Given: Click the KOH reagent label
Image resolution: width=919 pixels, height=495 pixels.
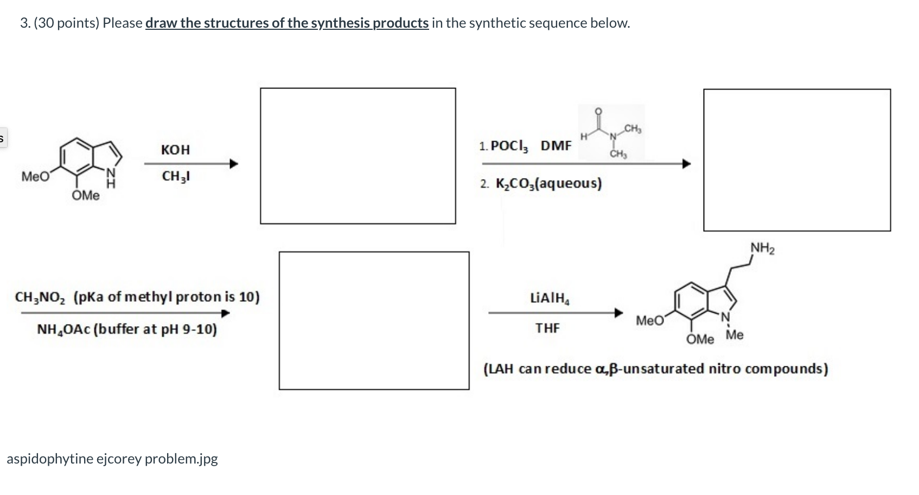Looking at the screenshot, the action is tap(175, 150).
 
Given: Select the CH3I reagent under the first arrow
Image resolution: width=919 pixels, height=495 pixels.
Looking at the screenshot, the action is tap(176, 176).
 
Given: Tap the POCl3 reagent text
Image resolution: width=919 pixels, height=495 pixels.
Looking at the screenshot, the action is tap(509, 146).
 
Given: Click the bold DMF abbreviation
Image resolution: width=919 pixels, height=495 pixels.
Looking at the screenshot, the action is tap(556, 145).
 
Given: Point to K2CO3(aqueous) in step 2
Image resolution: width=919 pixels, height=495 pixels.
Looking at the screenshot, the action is tap(548, 183).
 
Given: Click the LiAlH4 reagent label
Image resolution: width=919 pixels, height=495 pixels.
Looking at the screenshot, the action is tap(550, 298).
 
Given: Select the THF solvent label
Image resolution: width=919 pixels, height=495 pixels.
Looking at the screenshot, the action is tap(547, 328).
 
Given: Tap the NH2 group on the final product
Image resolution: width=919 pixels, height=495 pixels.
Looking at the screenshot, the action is tap(762, 249).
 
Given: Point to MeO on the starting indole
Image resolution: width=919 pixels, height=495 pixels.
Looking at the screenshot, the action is tap(36, 176).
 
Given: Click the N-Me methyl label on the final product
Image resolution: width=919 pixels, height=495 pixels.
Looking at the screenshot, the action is tap(735, 335).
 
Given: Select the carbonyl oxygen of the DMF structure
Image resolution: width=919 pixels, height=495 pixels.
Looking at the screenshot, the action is tap(598, 111).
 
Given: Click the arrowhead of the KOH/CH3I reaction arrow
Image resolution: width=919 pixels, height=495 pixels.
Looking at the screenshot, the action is tap(234, 164).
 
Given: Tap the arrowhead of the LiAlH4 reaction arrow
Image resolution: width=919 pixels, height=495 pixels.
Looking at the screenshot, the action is tap(618, 313).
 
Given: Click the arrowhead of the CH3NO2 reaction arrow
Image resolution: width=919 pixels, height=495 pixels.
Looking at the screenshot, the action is tap(225, 313).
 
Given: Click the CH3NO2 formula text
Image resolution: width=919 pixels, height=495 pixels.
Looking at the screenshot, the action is tap(40, 297).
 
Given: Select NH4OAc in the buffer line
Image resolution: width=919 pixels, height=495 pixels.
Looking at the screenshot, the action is tap(63, 329).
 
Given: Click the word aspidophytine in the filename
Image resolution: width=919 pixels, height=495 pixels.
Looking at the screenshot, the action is tap(50, 459).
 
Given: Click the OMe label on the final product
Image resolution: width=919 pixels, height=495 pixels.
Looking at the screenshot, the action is tap(700, 339).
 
